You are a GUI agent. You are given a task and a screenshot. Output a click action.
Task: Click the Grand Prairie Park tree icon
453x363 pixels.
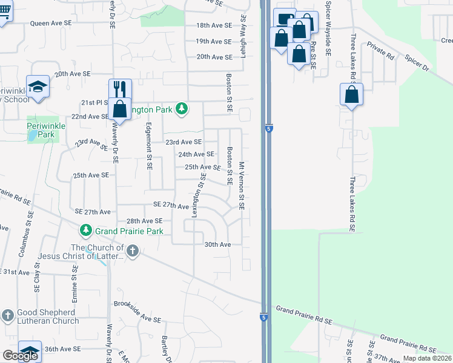[x=86, y=231]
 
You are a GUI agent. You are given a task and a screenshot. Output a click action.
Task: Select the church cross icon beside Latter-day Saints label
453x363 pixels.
[x=133, y=250]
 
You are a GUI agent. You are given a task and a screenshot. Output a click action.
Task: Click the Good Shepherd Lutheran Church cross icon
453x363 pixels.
[x=7, y=315]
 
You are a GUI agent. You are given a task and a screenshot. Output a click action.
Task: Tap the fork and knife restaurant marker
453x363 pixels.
[x=119, y=90]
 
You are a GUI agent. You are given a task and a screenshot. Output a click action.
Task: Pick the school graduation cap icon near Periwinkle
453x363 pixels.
[x=38, y=86]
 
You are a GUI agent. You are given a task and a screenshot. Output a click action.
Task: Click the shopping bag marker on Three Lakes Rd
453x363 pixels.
[x=351, y=94]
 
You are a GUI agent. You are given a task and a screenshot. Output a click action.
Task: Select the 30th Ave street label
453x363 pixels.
[x=218, y=244]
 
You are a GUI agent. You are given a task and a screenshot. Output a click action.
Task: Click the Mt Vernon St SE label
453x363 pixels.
[x=241, y=185]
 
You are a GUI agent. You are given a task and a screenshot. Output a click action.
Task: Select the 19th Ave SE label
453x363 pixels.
[x=214, y=41]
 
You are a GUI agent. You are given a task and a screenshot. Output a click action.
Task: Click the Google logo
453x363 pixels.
[x=20, y=355]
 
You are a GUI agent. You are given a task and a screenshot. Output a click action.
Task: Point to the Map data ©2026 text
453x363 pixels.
[x=427, y=358]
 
